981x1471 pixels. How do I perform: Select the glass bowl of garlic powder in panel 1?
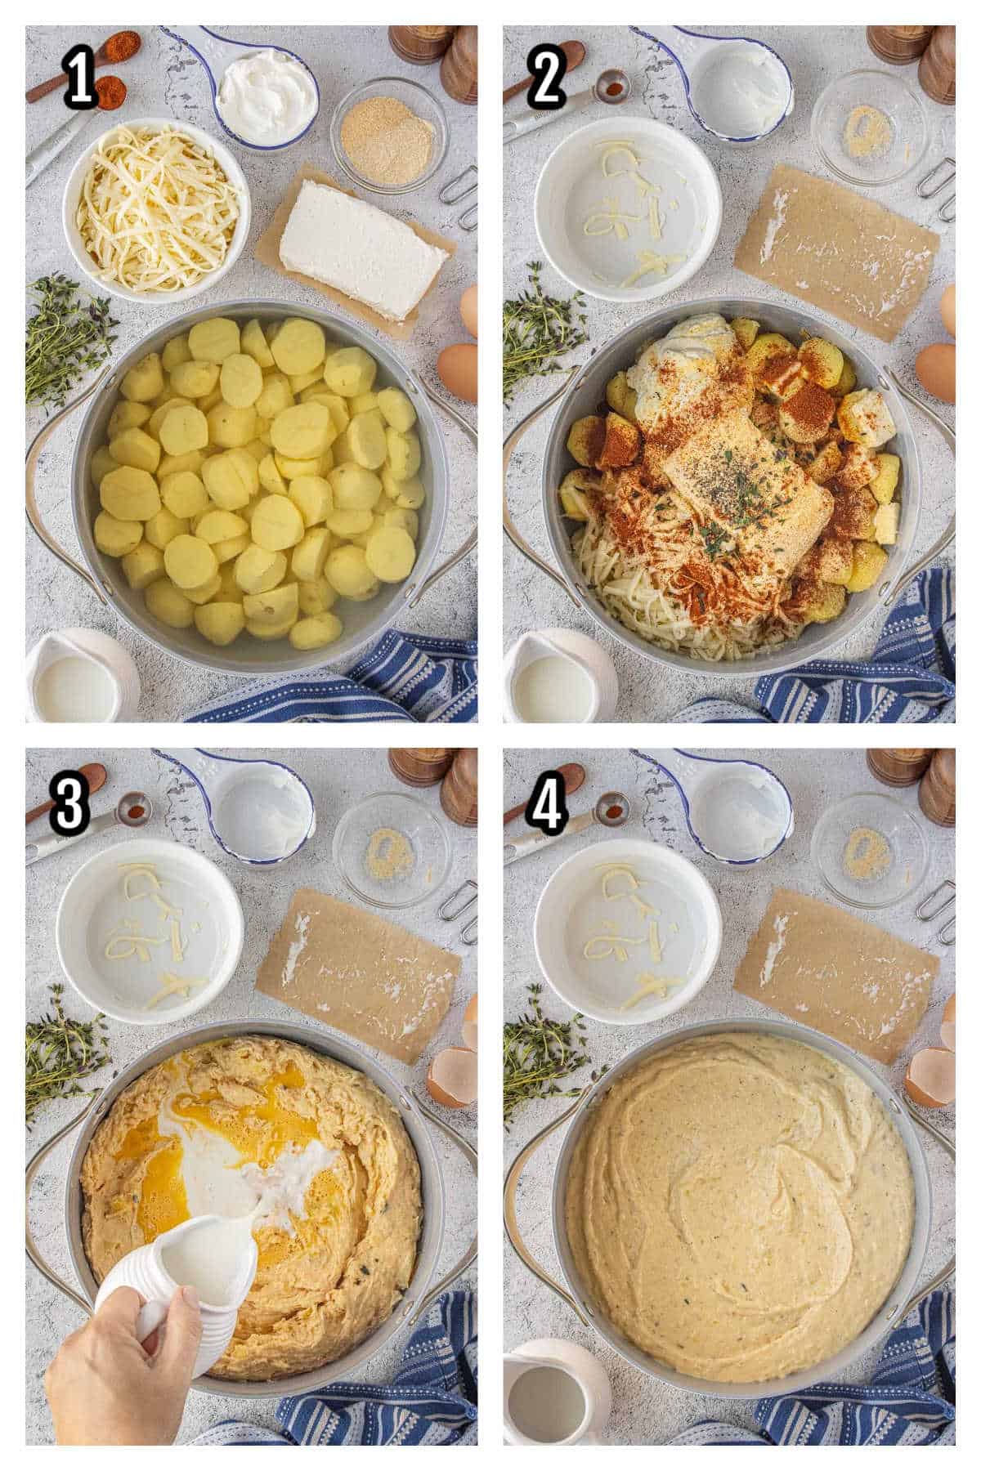[x=388, y=135]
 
